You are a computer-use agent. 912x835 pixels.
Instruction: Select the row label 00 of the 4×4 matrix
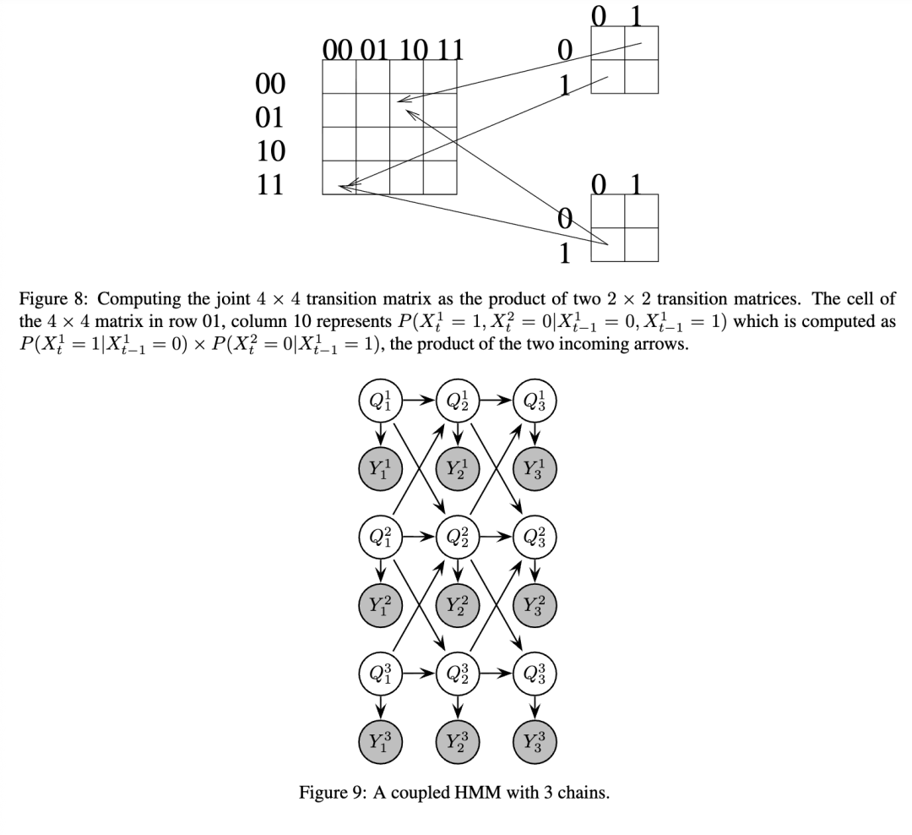click(x=270, y=83)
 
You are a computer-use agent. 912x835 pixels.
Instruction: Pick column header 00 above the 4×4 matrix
click(x=339, y=50)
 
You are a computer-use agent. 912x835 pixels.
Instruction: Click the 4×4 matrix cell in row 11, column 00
click(x=339, y=177)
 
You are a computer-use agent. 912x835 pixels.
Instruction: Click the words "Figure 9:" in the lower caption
click(x=331, y=793)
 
